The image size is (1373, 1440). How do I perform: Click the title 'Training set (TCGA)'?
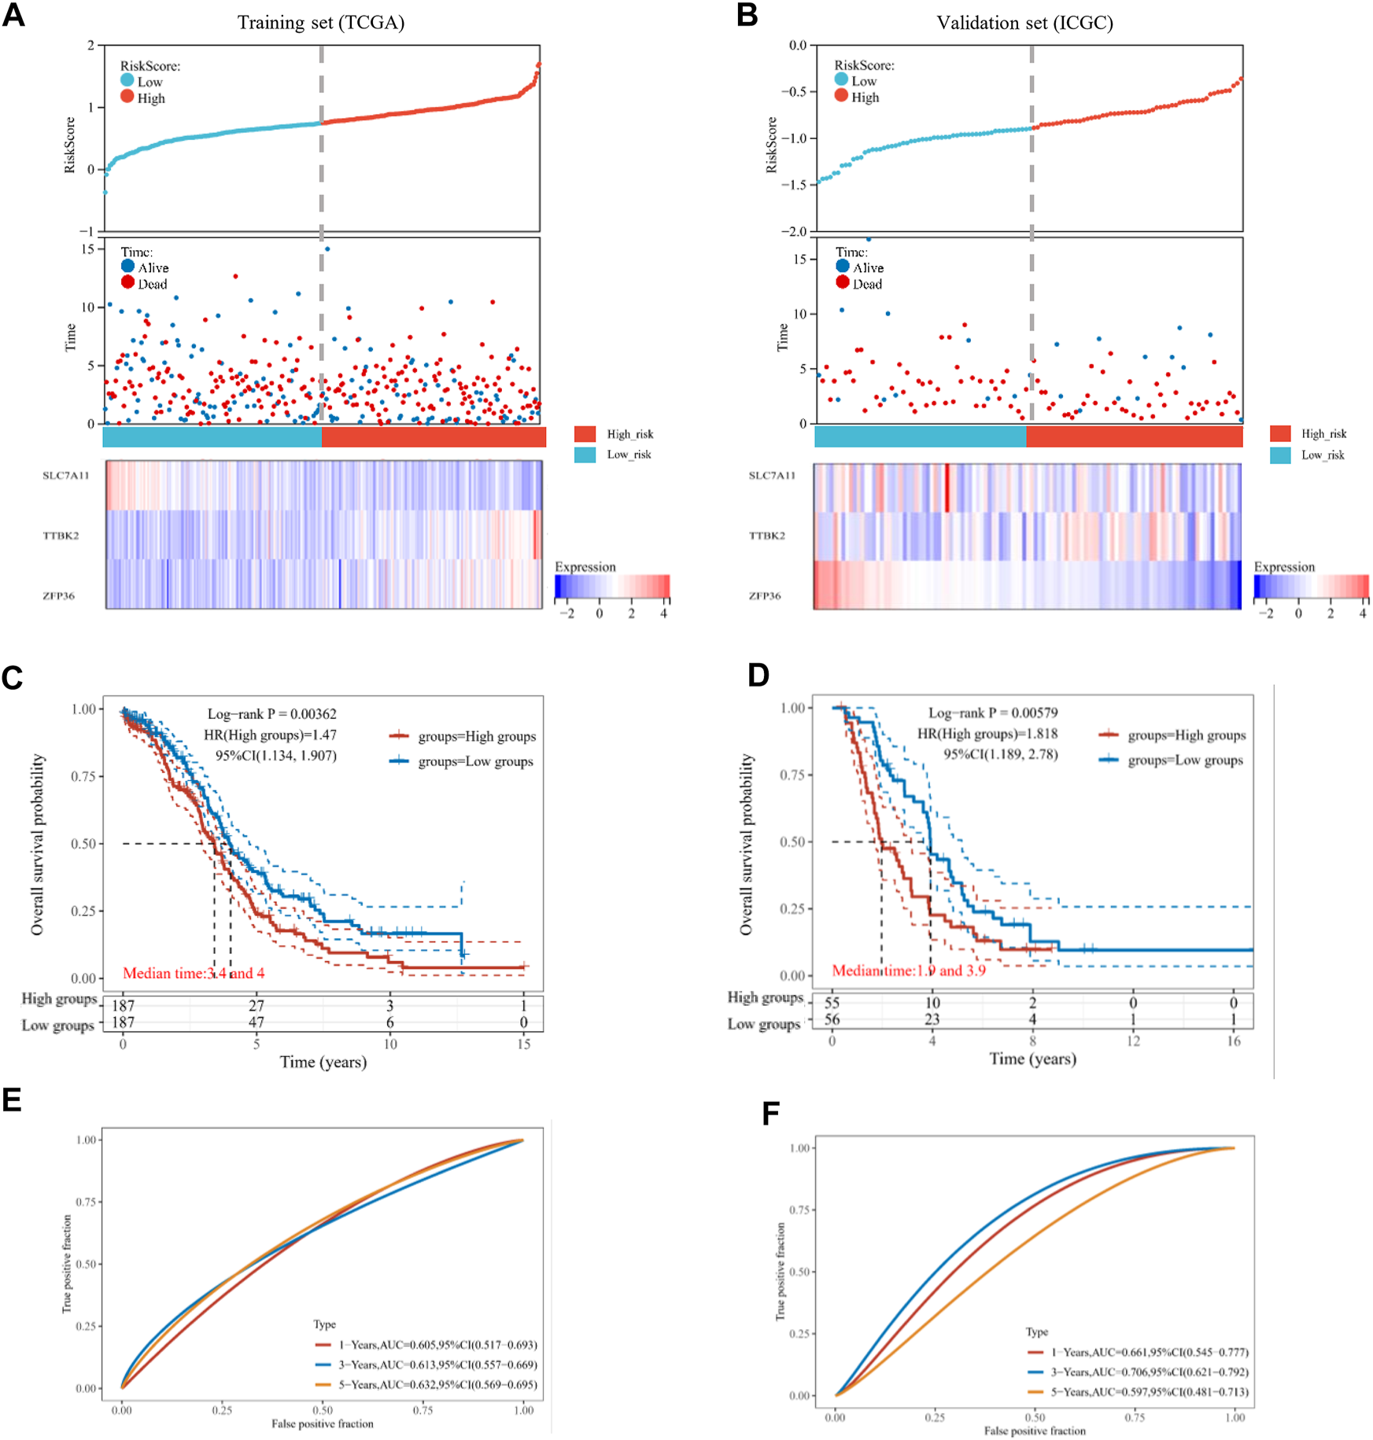click(321, 22)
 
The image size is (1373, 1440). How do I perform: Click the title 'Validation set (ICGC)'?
click(1024, 23)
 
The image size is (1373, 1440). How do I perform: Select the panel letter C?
click(13, 678)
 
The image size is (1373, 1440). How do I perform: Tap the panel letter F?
click(771, 1114)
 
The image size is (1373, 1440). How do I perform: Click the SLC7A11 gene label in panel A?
click(66, 475)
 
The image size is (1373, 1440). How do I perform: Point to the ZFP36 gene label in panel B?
click(765, 595)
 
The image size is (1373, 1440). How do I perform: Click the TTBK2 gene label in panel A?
click(61, 536)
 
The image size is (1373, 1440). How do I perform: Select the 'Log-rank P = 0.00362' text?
click(271, 714)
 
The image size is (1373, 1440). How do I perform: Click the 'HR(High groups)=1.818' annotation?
click(987, 734)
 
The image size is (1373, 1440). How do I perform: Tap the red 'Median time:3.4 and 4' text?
click(194, 974)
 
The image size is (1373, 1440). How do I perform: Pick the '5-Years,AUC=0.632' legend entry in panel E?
click(437, 1384)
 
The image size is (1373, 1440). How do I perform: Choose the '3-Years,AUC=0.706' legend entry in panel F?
click(1149, 1372)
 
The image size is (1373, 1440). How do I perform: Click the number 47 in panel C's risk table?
click(257, 1022)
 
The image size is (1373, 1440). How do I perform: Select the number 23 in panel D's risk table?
click(932, 1019)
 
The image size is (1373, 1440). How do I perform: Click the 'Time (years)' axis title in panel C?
click(323, 1063)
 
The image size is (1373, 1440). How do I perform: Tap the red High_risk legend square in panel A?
click(585, 434)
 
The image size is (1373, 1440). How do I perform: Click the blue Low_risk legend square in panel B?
click(1280, 455)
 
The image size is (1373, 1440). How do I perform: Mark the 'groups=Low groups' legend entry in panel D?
click(1185, 761)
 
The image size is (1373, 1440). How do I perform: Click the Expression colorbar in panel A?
click(612, 586)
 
